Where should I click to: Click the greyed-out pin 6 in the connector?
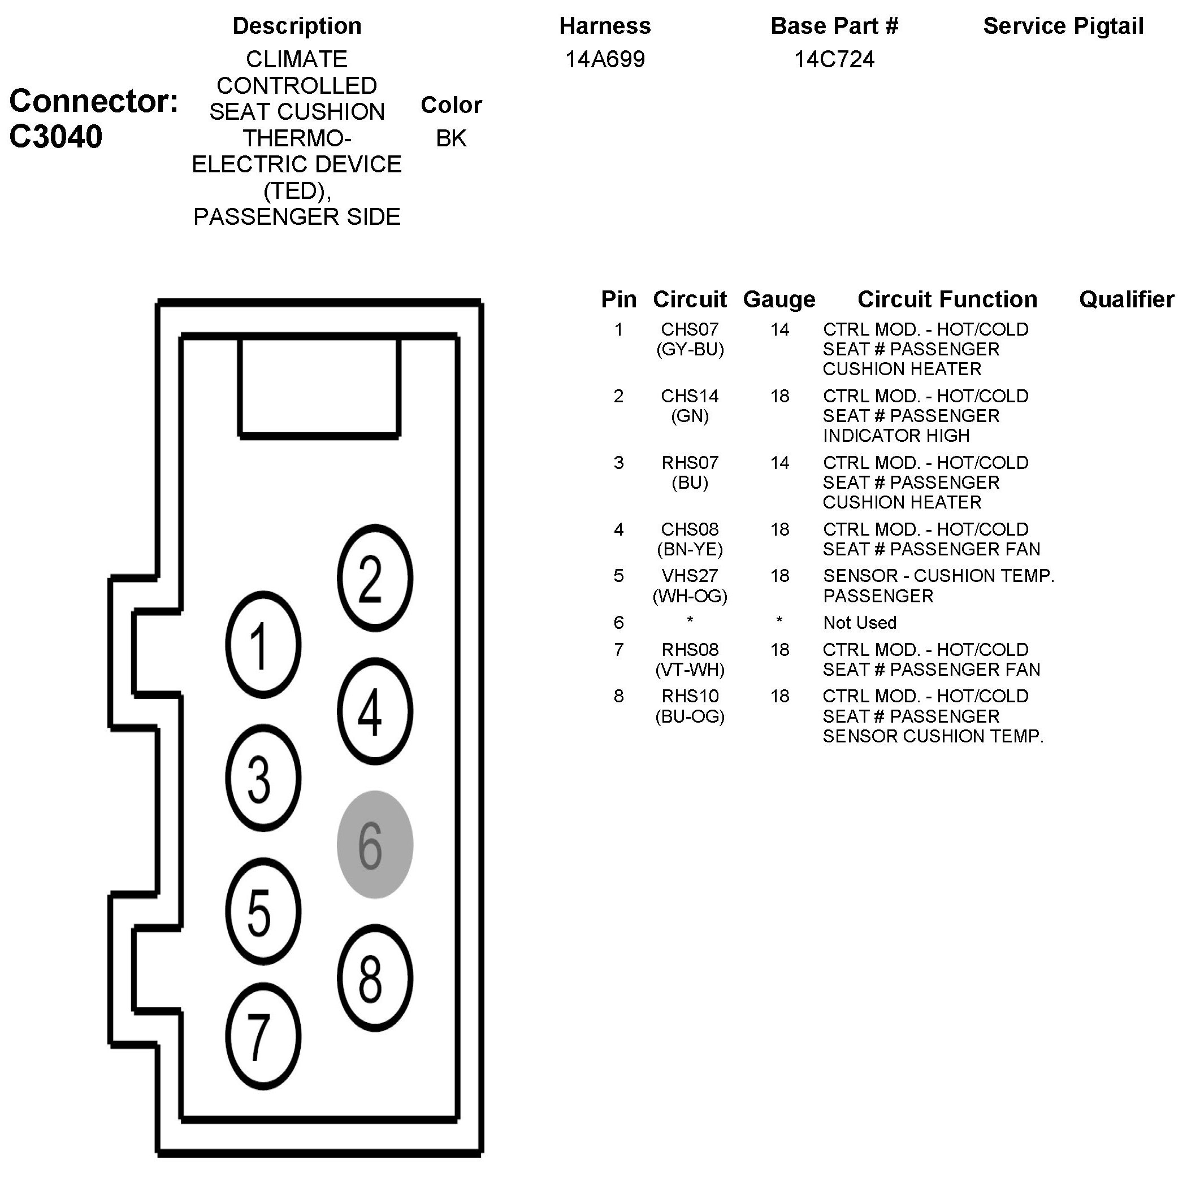(x=375, y=845)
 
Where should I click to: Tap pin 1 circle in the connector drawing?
(x=263, y=645)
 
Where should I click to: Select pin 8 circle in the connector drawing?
(x=375, y=978)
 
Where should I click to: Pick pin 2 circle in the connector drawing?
(x=375, y=578)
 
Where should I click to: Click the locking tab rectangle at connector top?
(x=319, y=387)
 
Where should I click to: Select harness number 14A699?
(x=605, y=59)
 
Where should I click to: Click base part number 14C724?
(x=834, y=59)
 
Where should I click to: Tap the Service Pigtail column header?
(x=1063, y=27)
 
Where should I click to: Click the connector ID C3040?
(x=55, y=136)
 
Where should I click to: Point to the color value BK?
(x=451, y=138)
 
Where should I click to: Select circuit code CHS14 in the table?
(x=690, y=396)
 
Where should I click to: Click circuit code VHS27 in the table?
(x=690, y=576)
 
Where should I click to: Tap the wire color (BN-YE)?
(x=690, y=549)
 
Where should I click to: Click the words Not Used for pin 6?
(x=860, y=623)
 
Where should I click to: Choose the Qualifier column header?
(x=1126, y=299)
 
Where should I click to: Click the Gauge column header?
(x=779, y=299)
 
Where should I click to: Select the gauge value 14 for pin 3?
(x=779, y=463)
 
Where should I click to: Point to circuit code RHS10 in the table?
(x=690, y=696)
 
